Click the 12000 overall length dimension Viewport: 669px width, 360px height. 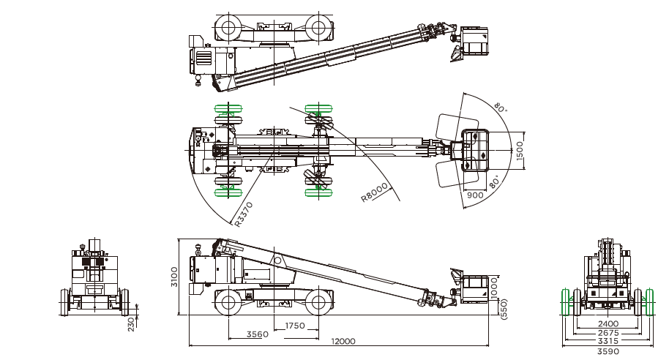[343, 342]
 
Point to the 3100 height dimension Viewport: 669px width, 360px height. [174, 276]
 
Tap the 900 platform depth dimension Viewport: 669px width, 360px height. [475, 195]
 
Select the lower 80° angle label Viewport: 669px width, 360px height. [496, 180]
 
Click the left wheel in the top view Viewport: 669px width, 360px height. [227, 29]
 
